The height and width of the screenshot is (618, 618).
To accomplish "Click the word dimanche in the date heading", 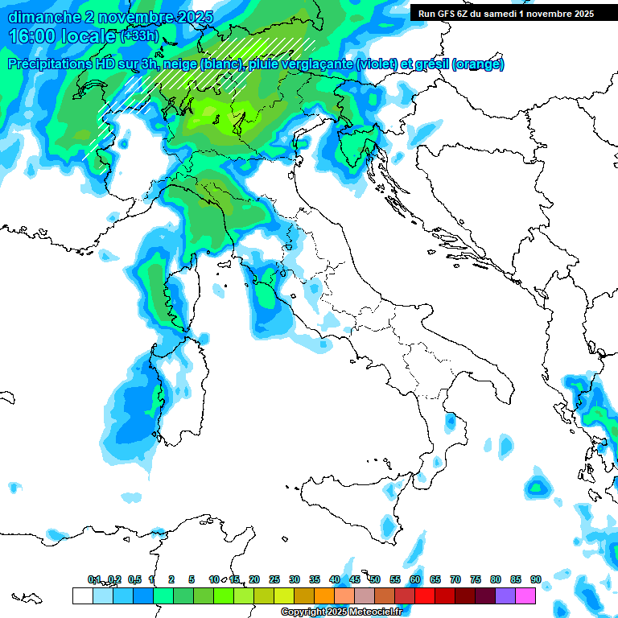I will (41, 17).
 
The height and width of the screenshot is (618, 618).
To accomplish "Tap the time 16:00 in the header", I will (39, 36).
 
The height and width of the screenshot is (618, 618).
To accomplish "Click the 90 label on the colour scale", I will (535, 579).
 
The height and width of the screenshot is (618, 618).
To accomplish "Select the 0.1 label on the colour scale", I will (94, 579).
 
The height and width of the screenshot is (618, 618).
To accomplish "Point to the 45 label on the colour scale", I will (354, 579).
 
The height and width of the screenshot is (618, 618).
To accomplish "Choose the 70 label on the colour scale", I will (455, 579).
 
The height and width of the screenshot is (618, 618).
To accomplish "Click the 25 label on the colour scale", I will (274, 579).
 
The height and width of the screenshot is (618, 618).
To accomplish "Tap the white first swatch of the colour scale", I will (82, 595).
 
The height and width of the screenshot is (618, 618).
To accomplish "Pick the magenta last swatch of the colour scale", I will (525, 595).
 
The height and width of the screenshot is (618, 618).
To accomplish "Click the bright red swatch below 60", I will (424, 595).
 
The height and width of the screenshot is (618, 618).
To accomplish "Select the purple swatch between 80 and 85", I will (505, 595).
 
